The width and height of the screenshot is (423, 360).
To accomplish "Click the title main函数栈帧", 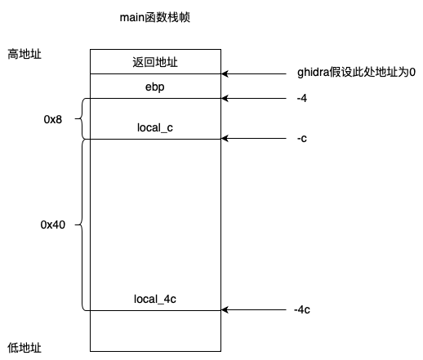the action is (x=154, y=17).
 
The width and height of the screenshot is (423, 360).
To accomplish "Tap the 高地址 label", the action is (x=24, y=54).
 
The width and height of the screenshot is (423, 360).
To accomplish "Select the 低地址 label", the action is (x=24, y=348).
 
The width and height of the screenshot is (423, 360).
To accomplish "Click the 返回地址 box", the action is (x=155, y=61).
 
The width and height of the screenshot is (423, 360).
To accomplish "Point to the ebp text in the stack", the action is (x=154, y=87).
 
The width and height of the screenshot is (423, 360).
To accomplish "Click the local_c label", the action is (x=155, y=127).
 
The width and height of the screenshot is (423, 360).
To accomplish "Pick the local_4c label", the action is (x=155, y=299).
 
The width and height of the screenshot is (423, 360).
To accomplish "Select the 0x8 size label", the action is (x=53, y=119).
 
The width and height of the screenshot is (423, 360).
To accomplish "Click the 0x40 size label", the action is (x=53, y=224).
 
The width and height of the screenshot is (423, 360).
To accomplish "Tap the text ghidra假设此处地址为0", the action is (x=356, y=72).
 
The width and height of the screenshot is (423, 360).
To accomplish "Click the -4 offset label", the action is (x=302, y=98).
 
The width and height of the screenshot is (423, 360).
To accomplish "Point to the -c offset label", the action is (x=302, y=138).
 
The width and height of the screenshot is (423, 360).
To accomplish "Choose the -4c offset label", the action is (x=302, y=309).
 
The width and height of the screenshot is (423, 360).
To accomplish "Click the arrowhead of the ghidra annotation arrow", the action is (x=225, y=73).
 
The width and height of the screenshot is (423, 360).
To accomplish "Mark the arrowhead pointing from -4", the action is (x=225, y=98).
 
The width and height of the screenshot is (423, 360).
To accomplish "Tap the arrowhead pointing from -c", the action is (x=225, y=139).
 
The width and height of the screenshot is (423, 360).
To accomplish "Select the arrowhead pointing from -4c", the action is (x=225, y=309).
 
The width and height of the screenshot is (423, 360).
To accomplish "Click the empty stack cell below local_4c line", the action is (x=155, y=331).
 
